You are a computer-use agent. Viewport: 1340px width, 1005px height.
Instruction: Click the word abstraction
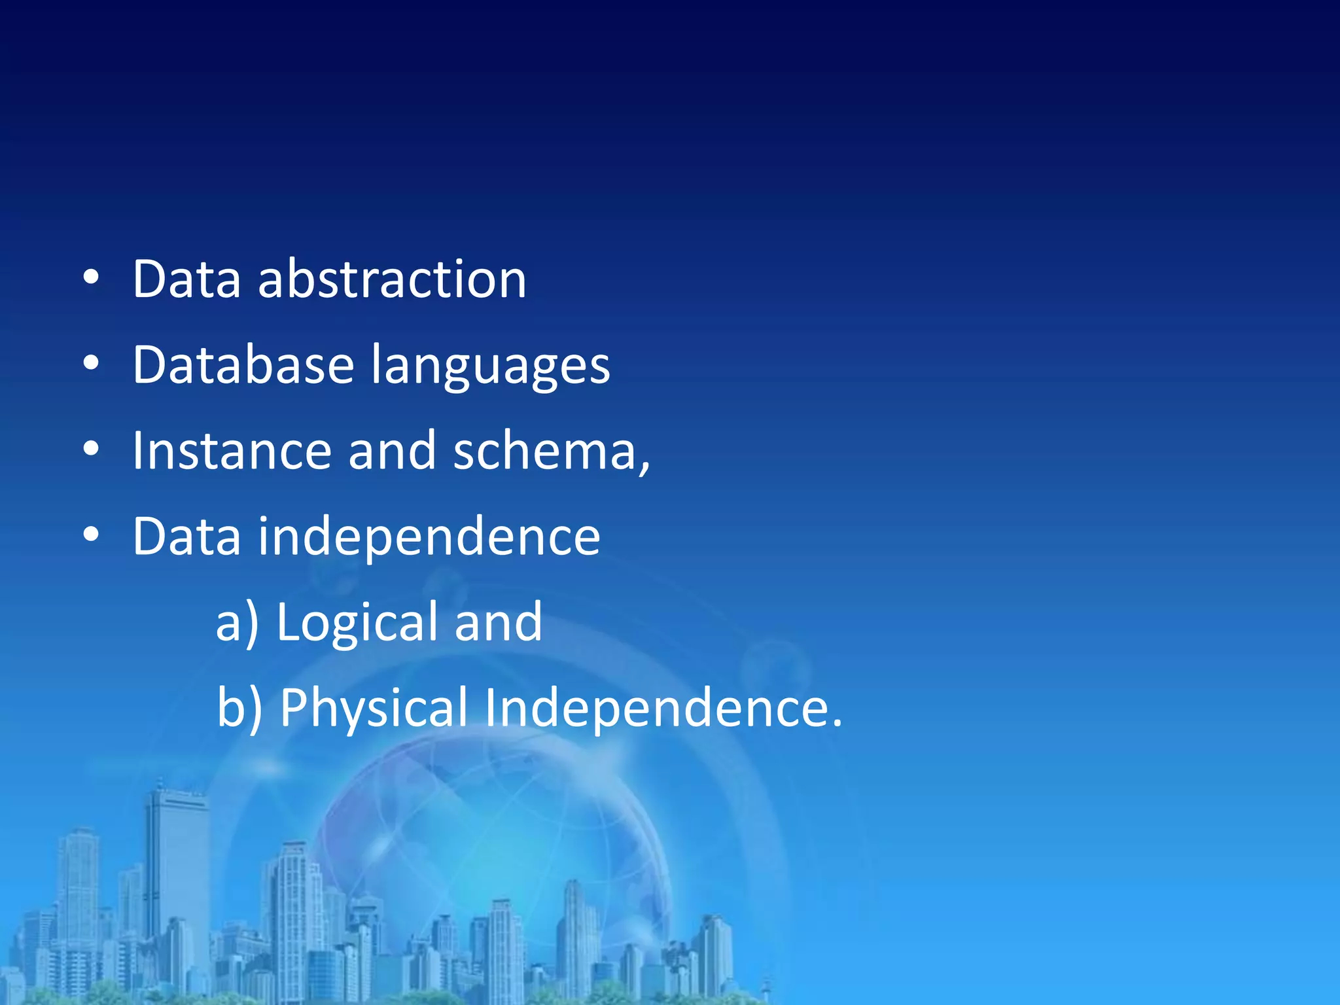tap(392, 279)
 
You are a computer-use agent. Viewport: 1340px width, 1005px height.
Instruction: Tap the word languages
tap(491, 366)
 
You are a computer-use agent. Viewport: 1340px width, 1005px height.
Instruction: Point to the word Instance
tap(232, 451)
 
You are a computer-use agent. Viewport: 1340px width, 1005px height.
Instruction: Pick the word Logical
tap(357, 623)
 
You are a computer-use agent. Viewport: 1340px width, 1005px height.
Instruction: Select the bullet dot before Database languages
tap(91, 364)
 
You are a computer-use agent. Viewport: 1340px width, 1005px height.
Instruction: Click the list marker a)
tap(237, 623)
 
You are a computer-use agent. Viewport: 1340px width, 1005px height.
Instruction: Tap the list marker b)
tap(239, 708)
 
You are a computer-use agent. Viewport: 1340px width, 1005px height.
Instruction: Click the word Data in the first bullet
tap(187, 279)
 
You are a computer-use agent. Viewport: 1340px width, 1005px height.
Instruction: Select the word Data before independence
tap(187, 537)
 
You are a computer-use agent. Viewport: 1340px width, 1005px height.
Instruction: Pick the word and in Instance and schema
tap(392, 451)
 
